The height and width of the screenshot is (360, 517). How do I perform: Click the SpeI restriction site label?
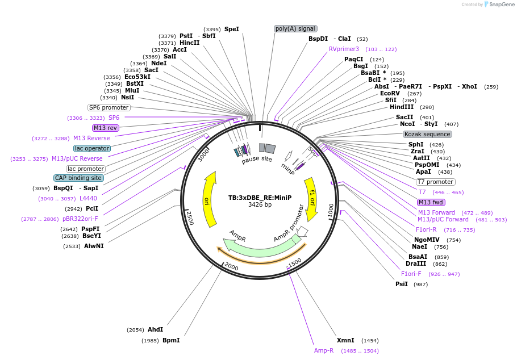coord(231,29)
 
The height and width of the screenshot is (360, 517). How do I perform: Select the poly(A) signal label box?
coord(295,29)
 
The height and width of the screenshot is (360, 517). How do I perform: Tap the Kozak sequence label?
coord(427,135)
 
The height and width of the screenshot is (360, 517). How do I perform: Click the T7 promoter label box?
coord(436,182)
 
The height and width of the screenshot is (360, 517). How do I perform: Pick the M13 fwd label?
coord(431,203)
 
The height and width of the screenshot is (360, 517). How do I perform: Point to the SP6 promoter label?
coord(109,107)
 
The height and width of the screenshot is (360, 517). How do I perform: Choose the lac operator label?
coord(92,148)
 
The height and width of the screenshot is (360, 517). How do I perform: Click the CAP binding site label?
coord(78,178)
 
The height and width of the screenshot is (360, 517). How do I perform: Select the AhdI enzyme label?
coord(155,329)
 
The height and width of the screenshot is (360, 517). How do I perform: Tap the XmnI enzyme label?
coord(345,340)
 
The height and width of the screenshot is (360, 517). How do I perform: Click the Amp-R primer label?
coord(324,351)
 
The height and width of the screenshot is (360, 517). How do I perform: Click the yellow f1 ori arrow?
coord(311,199)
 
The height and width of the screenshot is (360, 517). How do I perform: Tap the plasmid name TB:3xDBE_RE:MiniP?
coord(260,198)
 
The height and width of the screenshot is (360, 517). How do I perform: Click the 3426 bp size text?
coord(260,205)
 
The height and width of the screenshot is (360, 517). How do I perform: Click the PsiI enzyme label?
coord(402,284)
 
